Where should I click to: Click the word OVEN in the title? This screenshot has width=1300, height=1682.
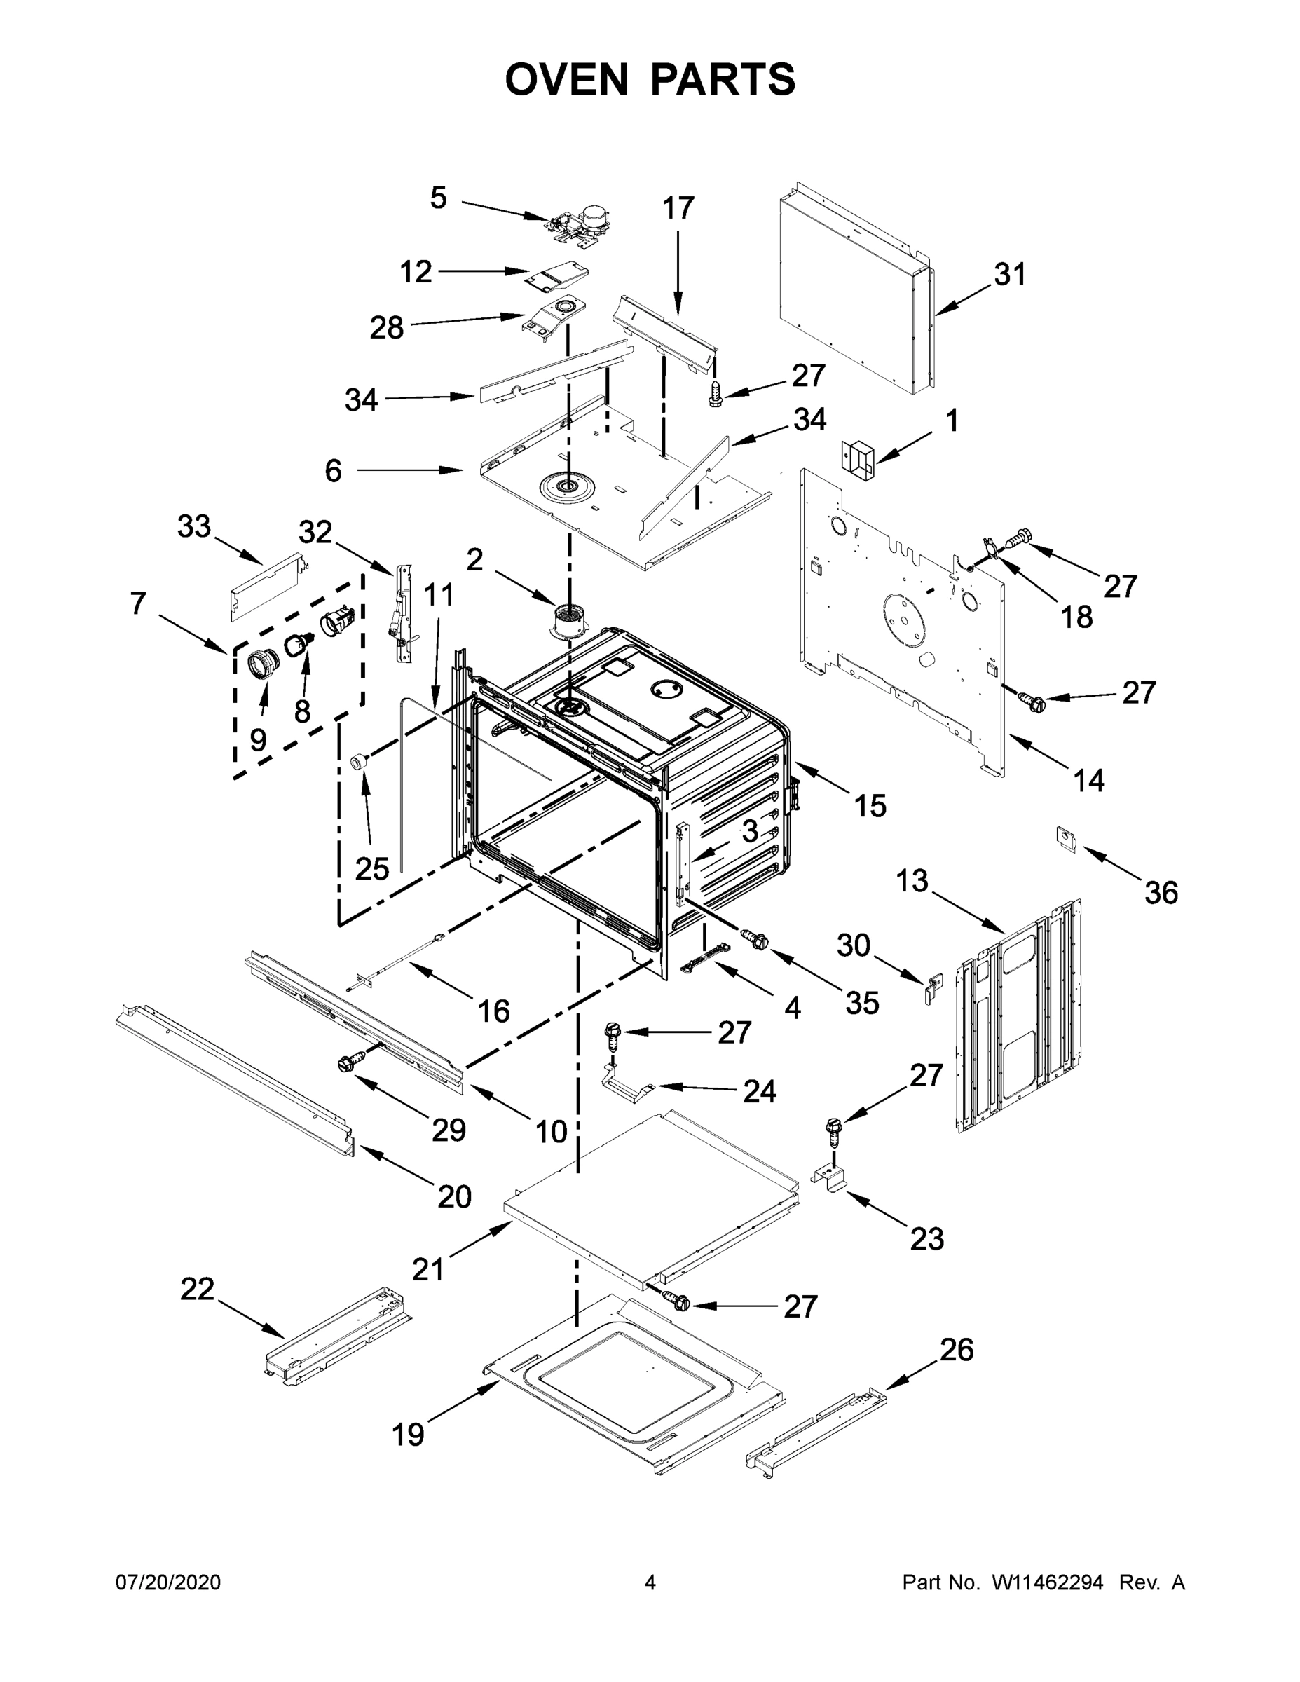pyautogui.click(x=567, y=78)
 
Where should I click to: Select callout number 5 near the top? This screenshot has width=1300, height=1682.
pyautogui.click(x=438, y=198)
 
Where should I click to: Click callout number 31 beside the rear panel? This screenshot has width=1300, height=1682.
pyautogui.click(x=1010, y=275)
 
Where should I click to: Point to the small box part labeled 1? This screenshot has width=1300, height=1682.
pyautogui.click(x=858, y=460)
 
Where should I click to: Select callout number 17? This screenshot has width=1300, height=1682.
pyautogui.click(x=678, y=208)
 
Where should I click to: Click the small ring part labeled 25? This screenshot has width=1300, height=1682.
pyautogui.click(x=358, y=762)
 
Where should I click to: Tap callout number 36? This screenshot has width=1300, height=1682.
pyautogui.click(x=1161, y=893)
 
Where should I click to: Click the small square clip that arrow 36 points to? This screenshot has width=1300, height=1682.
pyautogui.click(x=1067, y=839)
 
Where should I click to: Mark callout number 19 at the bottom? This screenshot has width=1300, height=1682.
pyautogui.click(x=408, y=1434)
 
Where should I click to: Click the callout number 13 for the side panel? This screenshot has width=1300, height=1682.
pyautogui.click(x=912, y=881)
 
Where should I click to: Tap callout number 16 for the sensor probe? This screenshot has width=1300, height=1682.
pyautogui.click(x=493, y=1011)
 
